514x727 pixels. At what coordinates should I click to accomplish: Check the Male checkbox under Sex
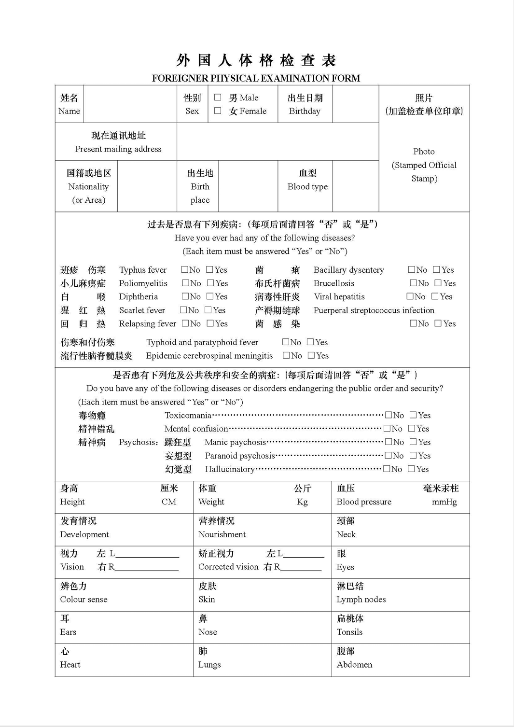point(218,98)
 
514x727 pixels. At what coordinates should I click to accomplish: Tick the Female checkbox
point(218,111)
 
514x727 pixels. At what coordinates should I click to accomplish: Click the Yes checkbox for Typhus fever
point(209,269)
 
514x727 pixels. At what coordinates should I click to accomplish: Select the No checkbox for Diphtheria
point(185,296)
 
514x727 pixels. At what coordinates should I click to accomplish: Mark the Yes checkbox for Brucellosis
point(438,283)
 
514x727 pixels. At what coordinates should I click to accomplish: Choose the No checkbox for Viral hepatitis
point(410,296)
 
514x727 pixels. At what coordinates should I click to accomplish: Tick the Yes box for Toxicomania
point(413,415)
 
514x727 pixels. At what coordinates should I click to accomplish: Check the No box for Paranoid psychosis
point(388,455)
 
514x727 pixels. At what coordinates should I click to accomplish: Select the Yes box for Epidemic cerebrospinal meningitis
point(311,355)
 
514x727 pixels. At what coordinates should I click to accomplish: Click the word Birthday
point(305,111)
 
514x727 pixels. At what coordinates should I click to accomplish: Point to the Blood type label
point(307,186)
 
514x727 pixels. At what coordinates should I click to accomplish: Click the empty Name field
point(130,104)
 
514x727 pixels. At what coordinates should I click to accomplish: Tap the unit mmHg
point(444,502)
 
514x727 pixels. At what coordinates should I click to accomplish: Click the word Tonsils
point(349,632)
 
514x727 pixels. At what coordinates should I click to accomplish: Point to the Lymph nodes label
point(361,599)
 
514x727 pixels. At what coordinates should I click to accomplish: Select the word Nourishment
point(222,534)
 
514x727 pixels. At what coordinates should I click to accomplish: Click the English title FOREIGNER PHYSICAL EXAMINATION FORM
point(256,78)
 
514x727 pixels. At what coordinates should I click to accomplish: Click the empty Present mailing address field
point(278,142)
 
